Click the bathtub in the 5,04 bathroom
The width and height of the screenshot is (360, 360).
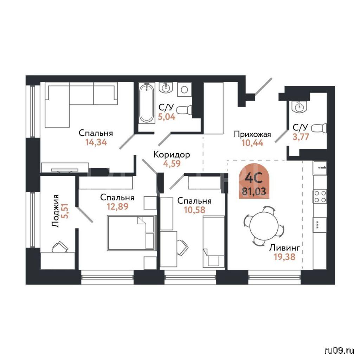[x=147, y=103]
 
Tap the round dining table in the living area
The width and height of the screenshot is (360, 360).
[x=264, y=225]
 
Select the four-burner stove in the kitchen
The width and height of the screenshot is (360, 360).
[x=320, y=197]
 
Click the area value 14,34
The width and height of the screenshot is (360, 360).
[x=96, y=142]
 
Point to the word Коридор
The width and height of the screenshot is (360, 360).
[x=172, y=155]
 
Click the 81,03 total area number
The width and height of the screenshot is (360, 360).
[x=254, y=191]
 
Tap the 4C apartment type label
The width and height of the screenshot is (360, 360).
[x=254, y=178]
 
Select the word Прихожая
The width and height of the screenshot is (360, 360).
[x=252, y=134]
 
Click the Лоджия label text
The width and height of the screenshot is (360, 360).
[x=55, y=211]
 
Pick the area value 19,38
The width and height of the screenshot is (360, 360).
[x=284, y=257]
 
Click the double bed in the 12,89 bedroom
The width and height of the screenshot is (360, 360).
[x=131, y=233]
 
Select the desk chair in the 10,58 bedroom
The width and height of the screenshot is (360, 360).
[x=182, y=247]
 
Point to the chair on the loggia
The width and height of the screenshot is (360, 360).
[x=60, y=247]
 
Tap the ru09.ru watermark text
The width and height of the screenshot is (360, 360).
[x=339, y=351]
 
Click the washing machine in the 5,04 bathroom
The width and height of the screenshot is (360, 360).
[x=184, y=90]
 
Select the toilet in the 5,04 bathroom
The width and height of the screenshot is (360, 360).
[x=185, y=110]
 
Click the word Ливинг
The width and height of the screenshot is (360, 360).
[x=284, y=248]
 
